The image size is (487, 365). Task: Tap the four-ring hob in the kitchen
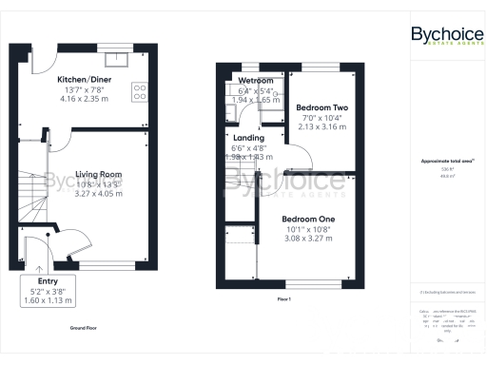click(139, 92)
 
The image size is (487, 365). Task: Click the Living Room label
click(99, 174)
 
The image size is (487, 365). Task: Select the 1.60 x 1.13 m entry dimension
click(47, 300)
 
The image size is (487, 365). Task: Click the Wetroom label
click(256, 81)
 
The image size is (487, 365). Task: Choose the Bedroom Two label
click(320, 108)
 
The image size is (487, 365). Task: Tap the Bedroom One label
click(309, 219)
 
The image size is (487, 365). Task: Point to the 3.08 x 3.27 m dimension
click(309, 239)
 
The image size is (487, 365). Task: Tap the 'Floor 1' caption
click(282, 298)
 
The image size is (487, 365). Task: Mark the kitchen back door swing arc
click(42, 63)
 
